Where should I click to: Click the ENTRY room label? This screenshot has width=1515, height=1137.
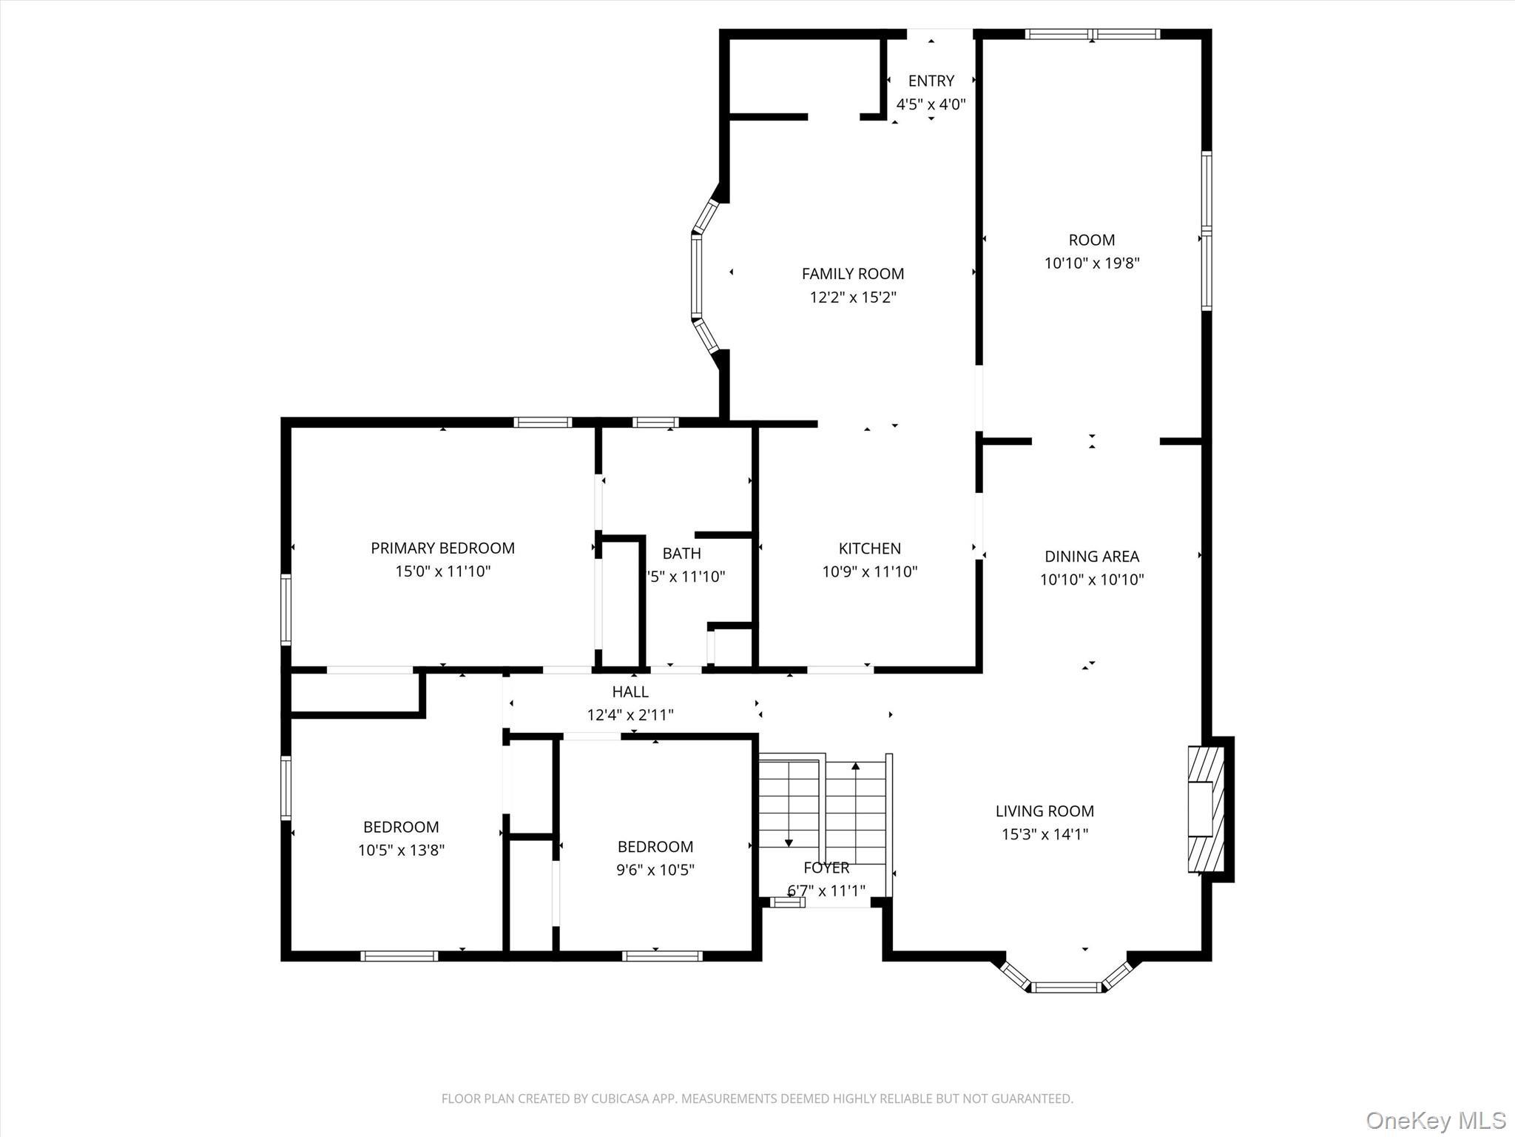click(x=931, y=81)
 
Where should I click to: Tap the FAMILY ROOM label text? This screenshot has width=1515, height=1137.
click(x=852, y=274)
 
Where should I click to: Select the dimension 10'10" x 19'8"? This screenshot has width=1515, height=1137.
click(x=1091, y=263)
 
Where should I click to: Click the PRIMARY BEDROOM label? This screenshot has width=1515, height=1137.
click(x=442, y=548)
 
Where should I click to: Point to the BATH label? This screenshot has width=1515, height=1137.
click(x=681, y=553)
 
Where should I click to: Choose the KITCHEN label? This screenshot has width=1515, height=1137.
click(x=869, y=549)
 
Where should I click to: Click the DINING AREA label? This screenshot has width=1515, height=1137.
click(x=1091, y=556)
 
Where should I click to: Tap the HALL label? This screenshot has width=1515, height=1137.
click(x=630, y=691)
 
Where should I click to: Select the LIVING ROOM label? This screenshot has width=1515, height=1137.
click(x=1045, y=811)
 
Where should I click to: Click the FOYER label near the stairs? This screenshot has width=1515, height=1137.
click(x=826, y=868)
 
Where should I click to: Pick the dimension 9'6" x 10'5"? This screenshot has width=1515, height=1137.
click(x=655, y=870)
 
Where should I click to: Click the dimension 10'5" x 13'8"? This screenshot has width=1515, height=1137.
click(x=401, y=851)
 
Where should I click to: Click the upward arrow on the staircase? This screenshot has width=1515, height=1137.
click(x=856, y=767)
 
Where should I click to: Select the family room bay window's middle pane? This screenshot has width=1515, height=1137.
click(x=696, y=276)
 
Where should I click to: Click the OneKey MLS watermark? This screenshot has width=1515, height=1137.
click(x=1435, y=1120)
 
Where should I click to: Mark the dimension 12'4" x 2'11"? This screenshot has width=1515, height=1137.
click(x=630, y=715)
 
